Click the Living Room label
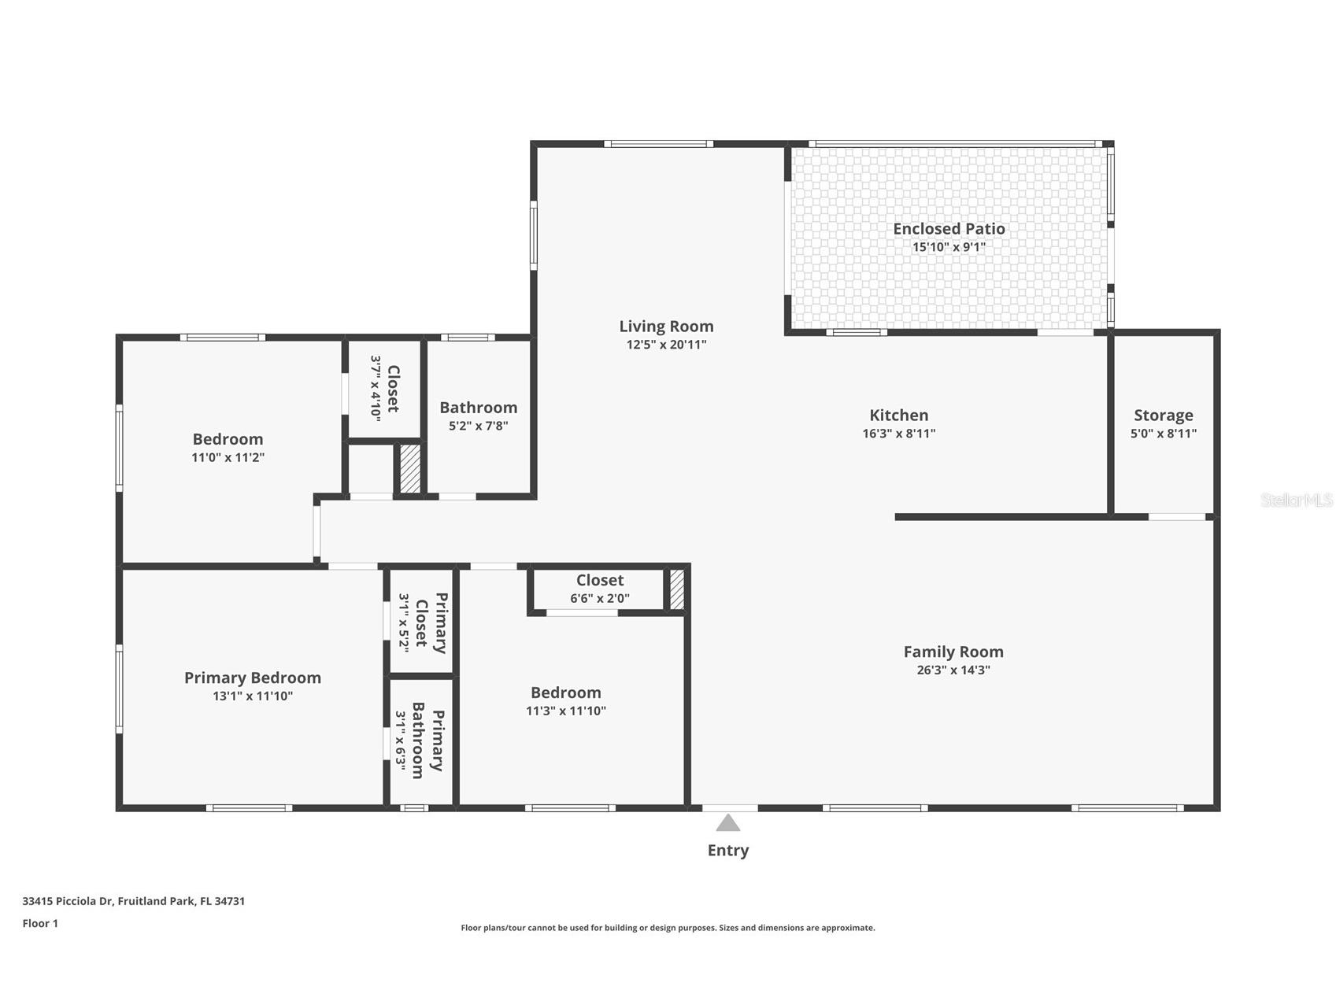(666, 327)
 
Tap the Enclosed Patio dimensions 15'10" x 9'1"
(949, 247)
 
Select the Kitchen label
(898, 416)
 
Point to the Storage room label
(1163, 416)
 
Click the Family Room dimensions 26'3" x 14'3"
(953, 670)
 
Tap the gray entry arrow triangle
(727, 823)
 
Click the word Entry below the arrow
(727, 851)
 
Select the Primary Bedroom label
(252, 678)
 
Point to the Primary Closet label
(431, 622)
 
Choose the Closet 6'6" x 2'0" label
(599, 581)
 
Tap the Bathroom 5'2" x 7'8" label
(478, 408)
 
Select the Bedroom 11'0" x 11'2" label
(228, 439)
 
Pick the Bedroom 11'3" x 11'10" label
(565, 693)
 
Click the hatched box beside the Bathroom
(410, 469)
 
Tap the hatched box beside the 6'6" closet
(676, 589)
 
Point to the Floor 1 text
(40, 924)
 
